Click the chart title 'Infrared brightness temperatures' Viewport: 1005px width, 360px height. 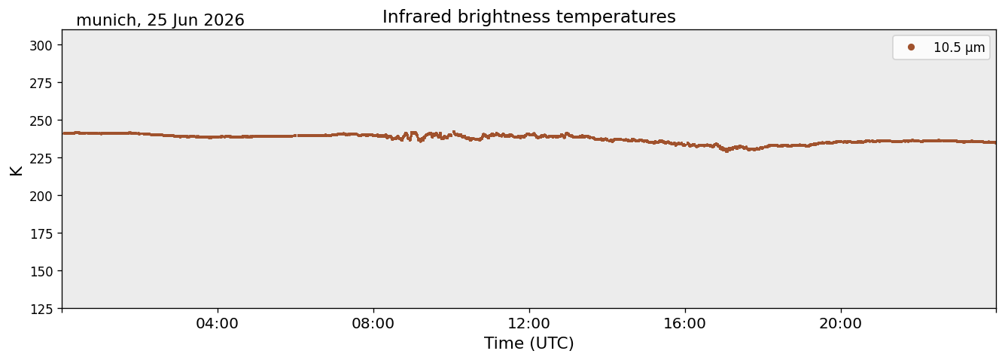coord(529,17)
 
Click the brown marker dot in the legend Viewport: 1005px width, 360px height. coord(911,47)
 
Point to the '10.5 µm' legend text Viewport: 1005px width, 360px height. coord(959,47)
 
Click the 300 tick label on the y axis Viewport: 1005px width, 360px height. coord(41,46)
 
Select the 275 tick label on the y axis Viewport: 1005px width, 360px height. coord(41,84)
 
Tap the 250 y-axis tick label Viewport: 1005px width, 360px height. coord(41,121)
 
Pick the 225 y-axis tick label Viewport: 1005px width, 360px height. coord(41,158)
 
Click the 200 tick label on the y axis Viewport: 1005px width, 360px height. coord(41,196)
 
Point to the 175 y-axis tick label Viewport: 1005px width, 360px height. coord(41,234)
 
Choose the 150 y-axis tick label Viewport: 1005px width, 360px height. coord(41,272)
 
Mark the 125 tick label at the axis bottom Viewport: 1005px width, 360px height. coord(41,310)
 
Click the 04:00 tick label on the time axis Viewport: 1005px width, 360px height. coord(218,324)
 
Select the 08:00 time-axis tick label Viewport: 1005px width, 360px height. coord(373,324)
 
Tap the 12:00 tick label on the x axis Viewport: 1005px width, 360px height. coord(529,324)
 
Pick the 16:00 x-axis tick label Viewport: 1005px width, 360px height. coord(684,324)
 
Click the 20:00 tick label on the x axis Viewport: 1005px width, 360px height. coord(840,324)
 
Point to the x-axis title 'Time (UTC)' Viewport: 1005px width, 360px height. coord(529,343)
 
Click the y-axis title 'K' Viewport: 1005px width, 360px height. coord(16,170)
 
